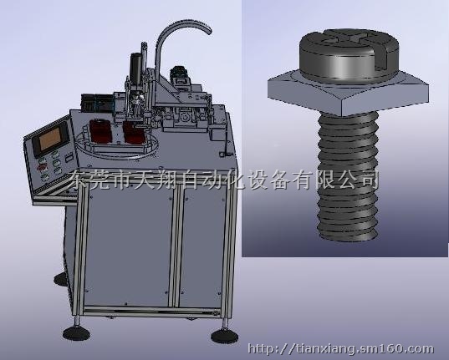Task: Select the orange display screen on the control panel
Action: click(50, 139)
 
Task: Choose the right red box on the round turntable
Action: click(135, 133)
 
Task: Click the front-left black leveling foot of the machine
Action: click(76, 334)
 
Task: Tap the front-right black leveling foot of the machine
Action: click(224, 336)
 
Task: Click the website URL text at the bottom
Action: click(341, 349)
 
